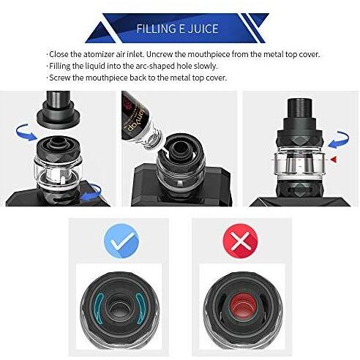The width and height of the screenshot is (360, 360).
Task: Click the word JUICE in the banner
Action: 203,29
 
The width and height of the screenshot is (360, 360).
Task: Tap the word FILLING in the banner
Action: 156,29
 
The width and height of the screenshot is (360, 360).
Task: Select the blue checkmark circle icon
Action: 121,241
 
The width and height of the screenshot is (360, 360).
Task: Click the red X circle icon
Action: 240,241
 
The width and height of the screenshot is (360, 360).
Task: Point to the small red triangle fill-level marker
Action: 334,160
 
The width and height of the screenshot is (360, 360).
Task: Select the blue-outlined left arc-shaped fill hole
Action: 100,308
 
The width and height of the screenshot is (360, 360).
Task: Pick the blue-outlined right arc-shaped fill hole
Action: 142,308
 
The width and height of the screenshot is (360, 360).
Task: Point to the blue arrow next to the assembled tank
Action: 339,140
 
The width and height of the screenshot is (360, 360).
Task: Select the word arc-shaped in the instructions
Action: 154,67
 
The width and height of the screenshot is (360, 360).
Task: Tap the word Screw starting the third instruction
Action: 60,78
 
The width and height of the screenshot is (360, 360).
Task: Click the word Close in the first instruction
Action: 59,54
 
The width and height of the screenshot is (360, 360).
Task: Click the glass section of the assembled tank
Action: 299,164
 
